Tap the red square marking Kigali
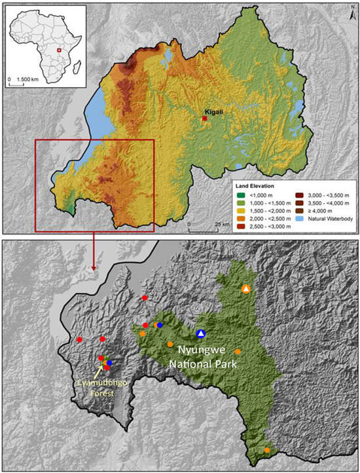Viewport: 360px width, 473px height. pos(204,119)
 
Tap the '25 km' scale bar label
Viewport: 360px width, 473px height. pos(223,224)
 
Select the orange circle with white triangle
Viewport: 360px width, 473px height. pos(245,289)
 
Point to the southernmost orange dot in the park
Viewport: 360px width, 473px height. pos(267,450)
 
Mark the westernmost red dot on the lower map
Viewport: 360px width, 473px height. pos(79,339)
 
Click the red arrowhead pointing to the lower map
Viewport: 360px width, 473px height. pos(94,267)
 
